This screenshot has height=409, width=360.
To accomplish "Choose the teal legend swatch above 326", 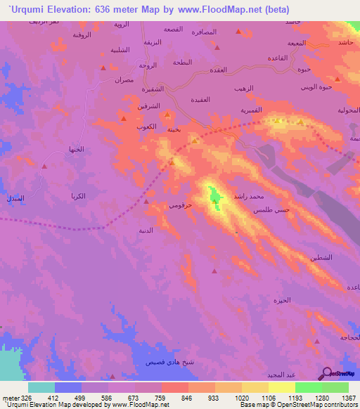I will pyautogui.click(x=41, y=387).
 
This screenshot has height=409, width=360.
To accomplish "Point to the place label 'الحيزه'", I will pyautogui.click(x=281, y=300).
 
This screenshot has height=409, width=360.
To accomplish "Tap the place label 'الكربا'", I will pyautogui.click(x=78, y=195).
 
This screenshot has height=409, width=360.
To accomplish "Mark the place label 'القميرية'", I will pyautogui.click(x=252, y=111).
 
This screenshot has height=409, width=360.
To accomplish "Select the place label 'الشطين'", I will pyautogui.click(x=321, y=258).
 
